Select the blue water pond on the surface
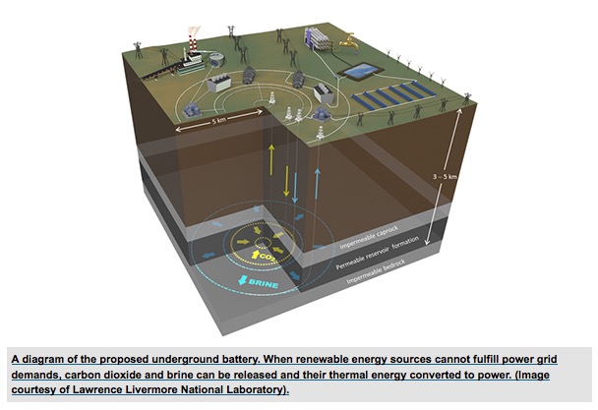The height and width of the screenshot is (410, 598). (x=361, y=71)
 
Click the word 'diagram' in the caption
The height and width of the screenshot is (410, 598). (x=40, y=361)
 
